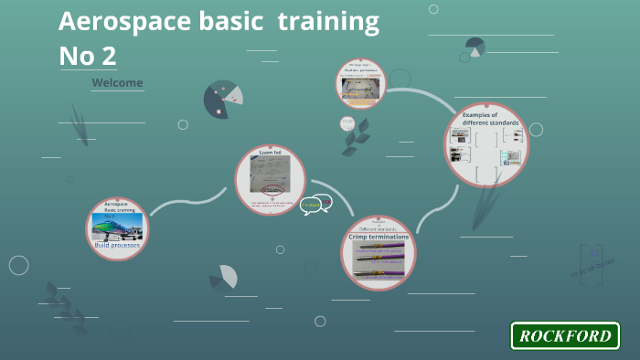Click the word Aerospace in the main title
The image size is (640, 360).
tap(118, 21)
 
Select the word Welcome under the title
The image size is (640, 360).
tap(117, 83)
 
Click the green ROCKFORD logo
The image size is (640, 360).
tap(564, 335)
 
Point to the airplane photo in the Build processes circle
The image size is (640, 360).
tap(116, 225)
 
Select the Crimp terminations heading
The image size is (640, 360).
tap(379, 237)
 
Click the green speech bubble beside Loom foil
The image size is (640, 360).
tap(311, 205)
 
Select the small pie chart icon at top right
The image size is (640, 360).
tap(475, 48)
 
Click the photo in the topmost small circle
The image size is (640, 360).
tap(359, 88)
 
